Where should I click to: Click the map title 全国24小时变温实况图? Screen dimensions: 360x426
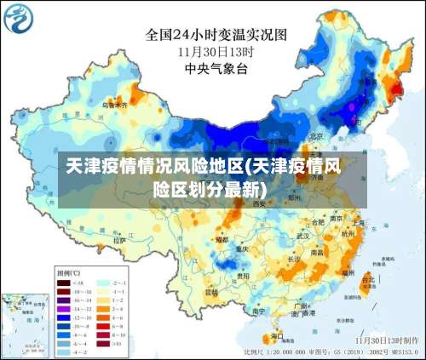pyautogui.click(x=216, y=35)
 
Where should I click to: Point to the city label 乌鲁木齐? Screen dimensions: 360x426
pyautogui.click(x=114, y=105)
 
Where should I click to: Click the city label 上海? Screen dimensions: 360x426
pyautogui.click(x=357, y=223)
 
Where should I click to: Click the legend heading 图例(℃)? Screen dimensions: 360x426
pyautogui.click(x=68, y=273)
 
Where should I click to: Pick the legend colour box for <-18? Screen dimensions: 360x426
pyautogui.click(x=64, y=283)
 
